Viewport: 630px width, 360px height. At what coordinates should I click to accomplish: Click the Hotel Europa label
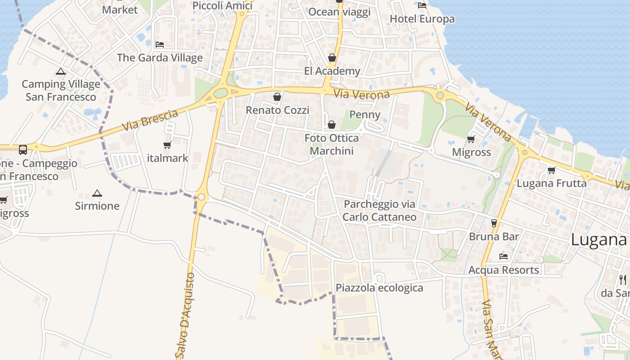point(422,19)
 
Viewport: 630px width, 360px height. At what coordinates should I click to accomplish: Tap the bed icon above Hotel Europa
point(422,5)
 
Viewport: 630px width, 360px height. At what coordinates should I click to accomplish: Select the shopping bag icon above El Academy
point(332,58)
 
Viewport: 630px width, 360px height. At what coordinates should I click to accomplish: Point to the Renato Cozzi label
point(277,110)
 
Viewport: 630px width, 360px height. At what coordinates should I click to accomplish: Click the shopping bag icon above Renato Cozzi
point(277,97)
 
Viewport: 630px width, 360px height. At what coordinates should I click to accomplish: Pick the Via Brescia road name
point(150,121)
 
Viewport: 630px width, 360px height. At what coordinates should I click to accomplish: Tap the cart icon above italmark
point(167,145)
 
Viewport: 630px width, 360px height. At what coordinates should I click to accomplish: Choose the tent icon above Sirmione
point(97,193)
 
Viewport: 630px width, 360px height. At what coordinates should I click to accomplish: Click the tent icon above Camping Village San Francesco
point(61,71)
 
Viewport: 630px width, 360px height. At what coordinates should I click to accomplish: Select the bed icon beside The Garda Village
point(160,44)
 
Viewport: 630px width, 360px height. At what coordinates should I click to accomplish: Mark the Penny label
point(365,115)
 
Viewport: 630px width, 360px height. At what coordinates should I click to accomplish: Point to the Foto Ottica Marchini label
point(332,144)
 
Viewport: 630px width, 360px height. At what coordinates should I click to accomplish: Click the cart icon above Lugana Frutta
point(551,170)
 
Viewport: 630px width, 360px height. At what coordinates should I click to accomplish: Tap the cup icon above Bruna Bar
point(494,223)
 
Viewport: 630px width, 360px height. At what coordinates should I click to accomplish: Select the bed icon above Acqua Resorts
point(504,256)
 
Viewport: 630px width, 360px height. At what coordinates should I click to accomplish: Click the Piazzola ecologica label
point(379,288)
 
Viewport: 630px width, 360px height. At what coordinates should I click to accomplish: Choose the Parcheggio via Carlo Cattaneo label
point(379,211)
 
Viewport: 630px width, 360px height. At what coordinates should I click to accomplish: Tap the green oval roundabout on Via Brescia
point(220,93)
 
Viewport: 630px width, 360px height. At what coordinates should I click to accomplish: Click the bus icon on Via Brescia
point(22,149)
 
